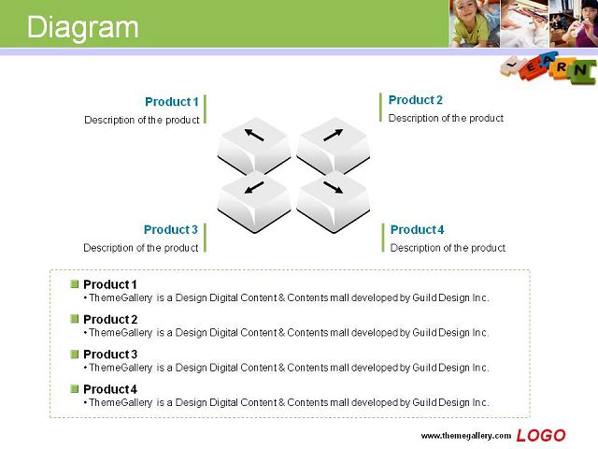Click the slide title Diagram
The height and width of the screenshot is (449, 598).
point(83,27)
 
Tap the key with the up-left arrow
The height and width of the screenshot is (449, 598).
point(254,146)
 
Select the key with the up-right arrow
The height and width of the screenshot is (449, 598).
point(333,146)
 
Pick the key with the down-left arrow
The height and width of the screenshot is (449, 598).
point(254,202)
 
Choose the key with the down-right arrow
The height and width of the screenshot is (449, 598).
point(333,202)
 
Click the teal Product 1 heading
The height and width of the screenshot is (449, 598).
point(172,102)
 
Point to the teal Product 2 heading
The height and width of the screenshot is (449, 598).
point(415,100)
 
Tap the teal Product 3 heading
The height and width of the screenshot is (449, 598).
point(170,229)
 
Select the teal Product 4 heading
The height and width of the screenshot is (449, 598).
point(417,229)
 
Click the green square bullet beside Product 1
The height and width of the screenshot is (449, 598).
point(75,284)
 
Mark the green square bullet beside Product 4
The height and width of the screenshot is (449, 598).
point(75,389)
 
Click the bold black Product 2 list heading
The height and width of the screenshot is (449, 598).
point(110,319)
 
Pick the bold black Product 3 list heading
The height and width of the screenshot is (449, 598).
point(110,355)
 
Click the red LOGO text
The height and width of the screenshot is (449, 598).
point(541,436)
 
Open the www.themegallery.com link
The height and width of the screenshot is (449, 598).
point(465,436)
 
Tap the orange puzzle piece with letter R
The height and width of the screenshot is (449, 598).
point(561,67)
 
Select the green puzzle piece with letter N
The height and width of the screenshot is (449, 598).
point(580,71)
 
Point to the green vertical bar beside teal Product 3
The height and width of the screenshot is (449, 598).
point(205,238)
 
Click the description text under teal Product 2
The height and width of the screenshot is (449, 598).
point(446,119)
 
